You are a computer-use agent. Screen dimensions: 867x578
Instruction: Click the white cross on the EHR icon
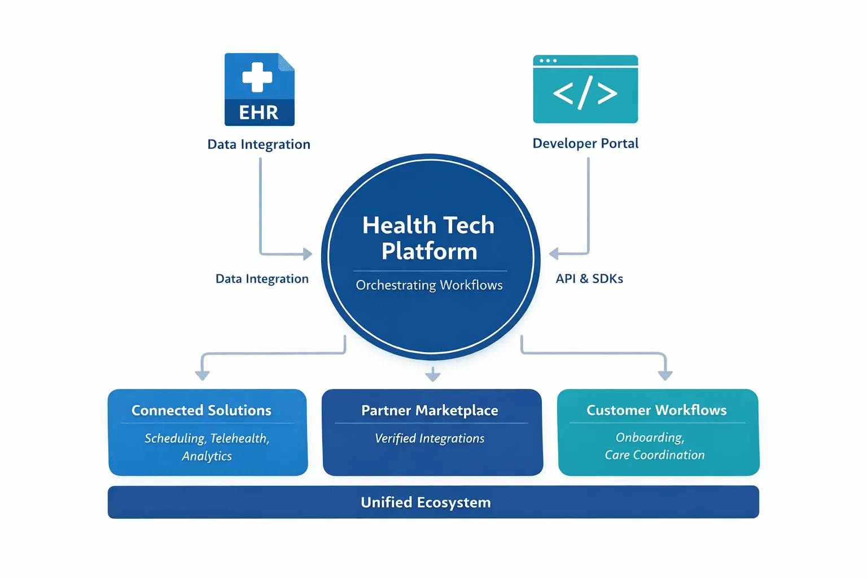[x=257, y=77]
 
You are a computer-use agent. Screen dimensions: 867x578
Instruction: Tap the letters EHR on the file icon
[x=259, y=113]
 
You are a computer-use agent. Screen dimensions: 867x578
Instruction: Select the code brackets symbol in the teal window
[x=585, y=93]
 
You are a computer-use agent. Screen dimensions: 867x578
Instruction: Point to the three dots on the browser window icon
[x=548, y=61]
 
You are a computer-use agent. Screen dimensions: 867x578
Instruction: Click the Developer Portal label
[x=585, y=143]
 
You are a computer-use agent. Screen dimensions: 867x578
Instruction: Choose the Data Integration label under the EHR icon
[x=259, y=144]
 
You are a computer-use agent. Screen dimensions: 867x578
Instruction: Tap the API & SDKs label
[x=589, y=279]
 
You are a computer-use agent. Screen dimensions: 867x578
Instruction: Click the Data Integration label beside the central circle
[x=262, y=279]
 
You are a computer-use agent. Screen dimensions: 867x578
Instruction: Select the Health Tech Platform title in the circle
[x=429, y=238]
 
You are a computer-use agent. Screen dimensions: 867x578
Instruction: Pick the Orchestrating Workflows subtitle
[x=429, y=285]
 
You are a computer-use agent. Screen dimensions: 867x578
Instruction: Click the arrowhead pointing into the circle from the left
[x=307, y=254]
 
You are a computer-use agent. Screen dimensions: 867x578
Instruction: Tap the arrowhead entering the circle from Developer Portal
[x=554, y=253]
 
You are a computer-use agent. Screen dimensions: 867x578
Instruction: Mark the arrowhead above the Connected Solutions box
[x=203, y=375]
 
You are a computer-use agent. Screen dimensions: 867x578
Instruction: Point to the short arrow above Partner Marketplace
[x=433, y=374]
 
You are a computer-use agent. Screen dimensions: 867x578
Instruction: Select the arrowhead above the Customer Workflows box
[x=665, y=375]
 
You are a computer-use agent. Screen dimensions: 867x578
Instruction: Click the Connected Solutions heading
[x=202, y=410]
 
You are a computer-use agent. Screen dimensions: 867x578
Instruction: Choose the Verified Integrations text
[x=429, y=438]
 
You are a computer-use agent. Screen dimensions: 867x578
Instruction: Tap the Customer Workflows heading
[x=656, y=410]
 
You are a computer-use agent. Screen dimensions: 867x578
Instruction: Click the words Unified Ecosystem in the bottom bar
[x=426, y=502]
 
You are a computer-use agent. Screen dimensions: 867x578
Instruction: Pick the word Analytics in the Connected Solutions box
[x=207, y=456]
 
